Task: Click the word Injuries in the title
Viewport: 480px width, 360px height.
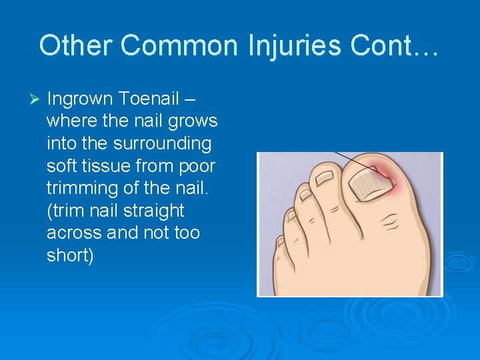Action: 295,45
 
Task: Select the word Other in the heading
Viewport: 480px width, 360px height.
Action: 72,45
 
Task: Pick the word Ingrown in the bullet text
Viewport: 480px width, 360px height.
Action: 81,99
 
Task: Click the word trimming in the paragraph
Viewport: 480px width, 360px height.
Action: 87,189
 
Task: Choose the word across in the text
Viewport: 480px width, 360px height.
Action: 73,233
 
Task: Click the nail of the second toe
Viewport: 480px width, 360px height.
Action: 325,179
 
